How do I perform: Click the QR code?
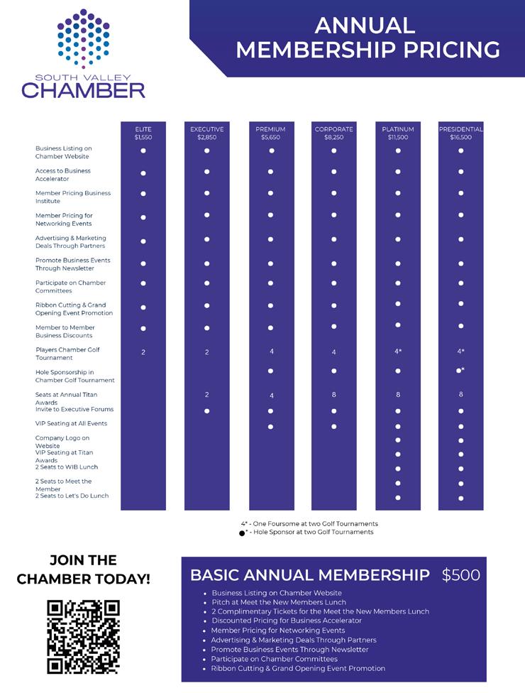83,636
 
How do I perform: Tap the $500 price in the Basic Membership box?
461,575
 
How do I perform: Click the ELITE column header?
143,129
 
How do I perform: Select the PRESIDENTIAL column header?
460,129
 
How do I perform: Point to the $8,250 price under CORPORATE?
333,138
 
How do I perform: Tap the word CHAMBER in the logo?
83,90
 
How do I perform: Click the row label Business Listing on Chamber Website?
64,152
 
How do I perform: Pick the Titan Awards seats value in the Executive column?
206,394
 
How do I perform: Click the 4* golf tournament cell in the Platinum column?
398,351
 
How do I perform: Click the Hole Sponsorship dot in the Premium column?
270,371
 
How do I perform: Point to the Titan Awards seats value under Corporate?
333,394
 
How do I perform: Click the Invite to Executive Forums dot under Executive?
206,411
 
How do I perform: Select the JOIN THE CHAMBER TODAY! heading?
83,569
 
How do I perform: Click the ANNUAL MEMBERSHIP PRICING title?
367,37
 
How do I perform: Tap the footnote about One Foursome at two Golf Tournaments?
309,523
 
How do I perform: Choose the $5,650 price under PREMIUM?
270,138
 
